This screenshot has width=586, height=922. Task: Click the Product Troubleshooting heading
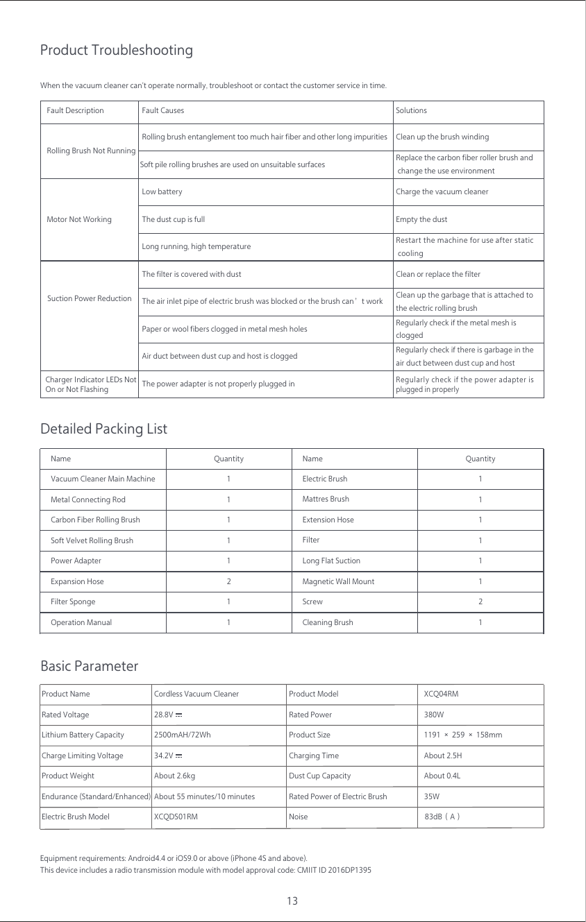click(x=117, y=51)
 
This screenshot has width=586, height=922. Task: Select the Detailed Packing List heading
click(x=104, y=429)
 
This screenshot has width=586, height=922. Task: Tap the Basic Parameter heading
click(x=90, y=667)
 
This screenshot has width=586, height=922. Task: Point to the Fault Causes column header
click(x=162, y=110)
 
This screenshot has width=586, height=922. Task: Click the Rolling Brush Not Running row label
click(x=90, y=151)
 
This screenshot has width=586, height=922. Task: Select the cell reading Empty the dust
click(x=421, y=219)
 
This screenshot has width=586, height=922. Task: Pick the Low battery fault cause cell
click(x=162, y=191)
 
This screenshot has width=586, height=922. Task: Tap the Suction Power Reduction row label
click(x=89, y=298)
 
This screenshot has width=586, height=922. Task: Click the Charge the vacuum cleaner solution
click(x=442, y=191)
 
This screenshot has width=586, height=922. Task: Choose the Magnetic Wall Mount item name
click(x=338, y=581)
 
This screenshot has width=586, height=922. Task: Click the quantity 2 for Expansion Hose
click(x=228, y=581)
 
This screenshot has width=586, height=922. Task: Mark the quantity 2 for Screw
click(x=480, y=601)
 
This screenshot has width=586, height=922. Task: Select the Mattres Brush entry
click(x=326, y=499)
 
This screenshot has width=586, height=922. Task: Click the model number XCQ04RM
click(x=441, y=694)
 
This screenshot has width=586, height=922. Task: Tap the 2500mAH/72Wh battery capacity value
click(x=182, y=735)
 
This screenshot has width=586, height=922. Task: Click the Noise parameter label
click(x=298, y=817)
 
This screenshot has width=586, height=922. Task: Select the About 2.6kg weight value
click(x=174, y=776)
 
